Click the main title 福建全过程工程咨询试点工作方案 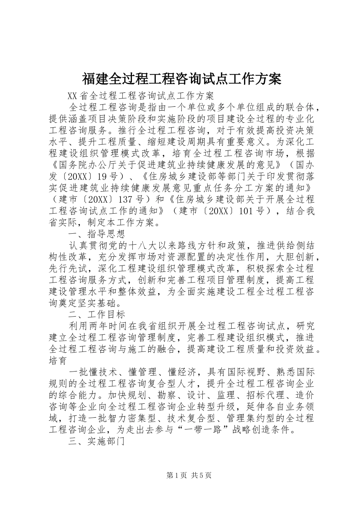pos(181,79)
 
